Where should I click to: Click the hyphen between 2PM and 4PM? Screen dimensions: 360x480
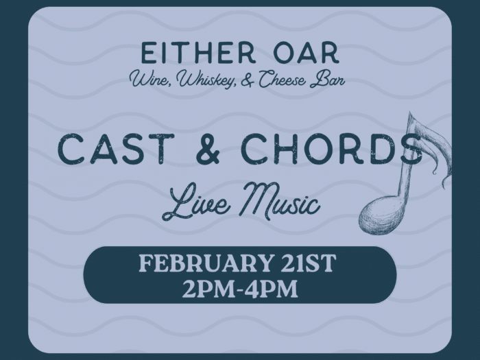click(241, 289)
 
